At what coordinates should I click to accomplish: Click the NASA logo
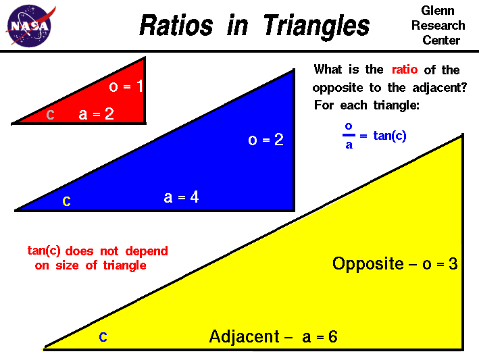coord(28,26)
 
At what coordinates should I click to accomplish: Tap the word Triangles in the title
coord(316,26)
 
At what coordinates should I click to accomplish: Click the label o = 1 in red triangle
coord(126,86)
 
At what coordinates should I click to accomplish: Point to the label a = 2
coord(96,115)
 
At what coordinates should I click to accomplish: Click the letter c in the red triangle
coord(50,115)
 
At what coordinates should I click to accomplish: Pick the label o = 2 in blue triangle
coord(266,140)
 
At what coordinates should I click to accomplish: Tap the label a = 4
coord(181,197)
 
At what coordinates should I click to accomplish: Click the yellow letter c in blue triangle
coord(66,201)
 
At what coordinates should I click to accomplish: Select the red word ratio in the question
coord(405,70)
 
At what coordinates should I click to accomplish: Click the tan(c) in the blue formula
coord(390,136)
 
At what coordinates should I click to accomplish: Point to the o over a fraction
coord(349,135)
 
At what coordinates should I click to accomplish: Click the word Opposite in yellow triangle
coord(368,263)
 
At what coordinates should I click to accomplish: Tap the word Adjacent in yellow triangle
coord(244,336)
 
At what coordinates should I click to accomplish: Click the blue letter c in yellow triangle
coord(103,336)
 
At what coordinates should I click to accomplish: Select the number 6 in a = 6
coord(332,336)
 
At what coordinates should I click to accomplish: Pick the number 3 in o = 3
coord(453,263)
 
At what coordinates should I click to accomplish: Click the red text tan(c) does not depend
coord(97,251)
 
